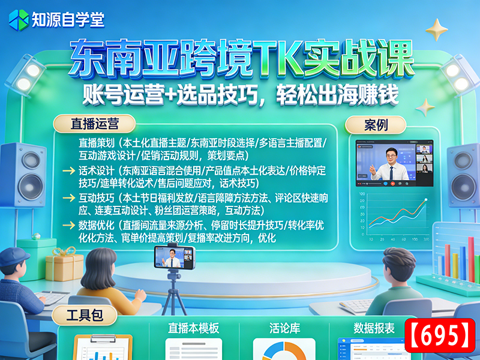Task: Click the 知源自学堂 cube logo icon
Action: click(18, 19)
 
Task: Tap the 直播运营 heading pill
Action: click(94, 124)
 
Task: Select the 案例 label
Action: click(376, 125)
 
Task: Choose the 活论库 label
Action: click(284, 328)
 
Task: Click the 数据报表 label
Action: click(374, 328)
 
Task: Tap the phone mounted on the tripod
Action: click(174, 259)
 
